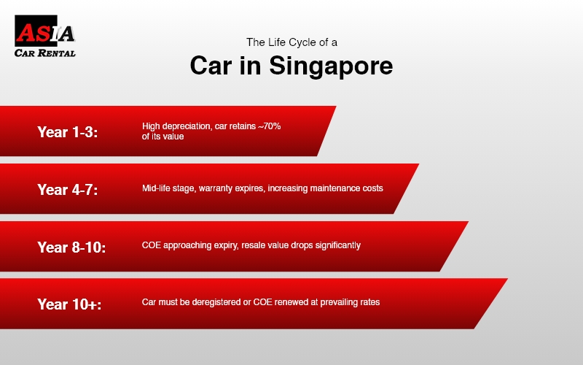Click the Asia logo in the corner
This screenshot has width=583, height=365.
[x=45, y=33]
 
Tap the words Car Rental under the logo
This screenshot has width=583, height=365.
[x=45, y=53]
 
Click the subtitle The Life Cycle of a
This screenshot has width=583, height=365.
[x=291, y=42]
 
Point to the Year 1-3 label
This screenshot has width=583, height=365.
[x=67, y=132]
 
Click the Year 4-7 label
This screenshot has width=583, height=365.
[x=67, y=190]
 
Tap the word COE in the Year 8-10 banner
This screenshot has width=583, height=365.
[x=151, y=245]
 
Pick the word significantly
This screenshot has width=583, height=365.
[x=336, y=245]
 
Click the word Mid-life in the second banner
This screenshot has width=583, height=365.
[x=157, y=188]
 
